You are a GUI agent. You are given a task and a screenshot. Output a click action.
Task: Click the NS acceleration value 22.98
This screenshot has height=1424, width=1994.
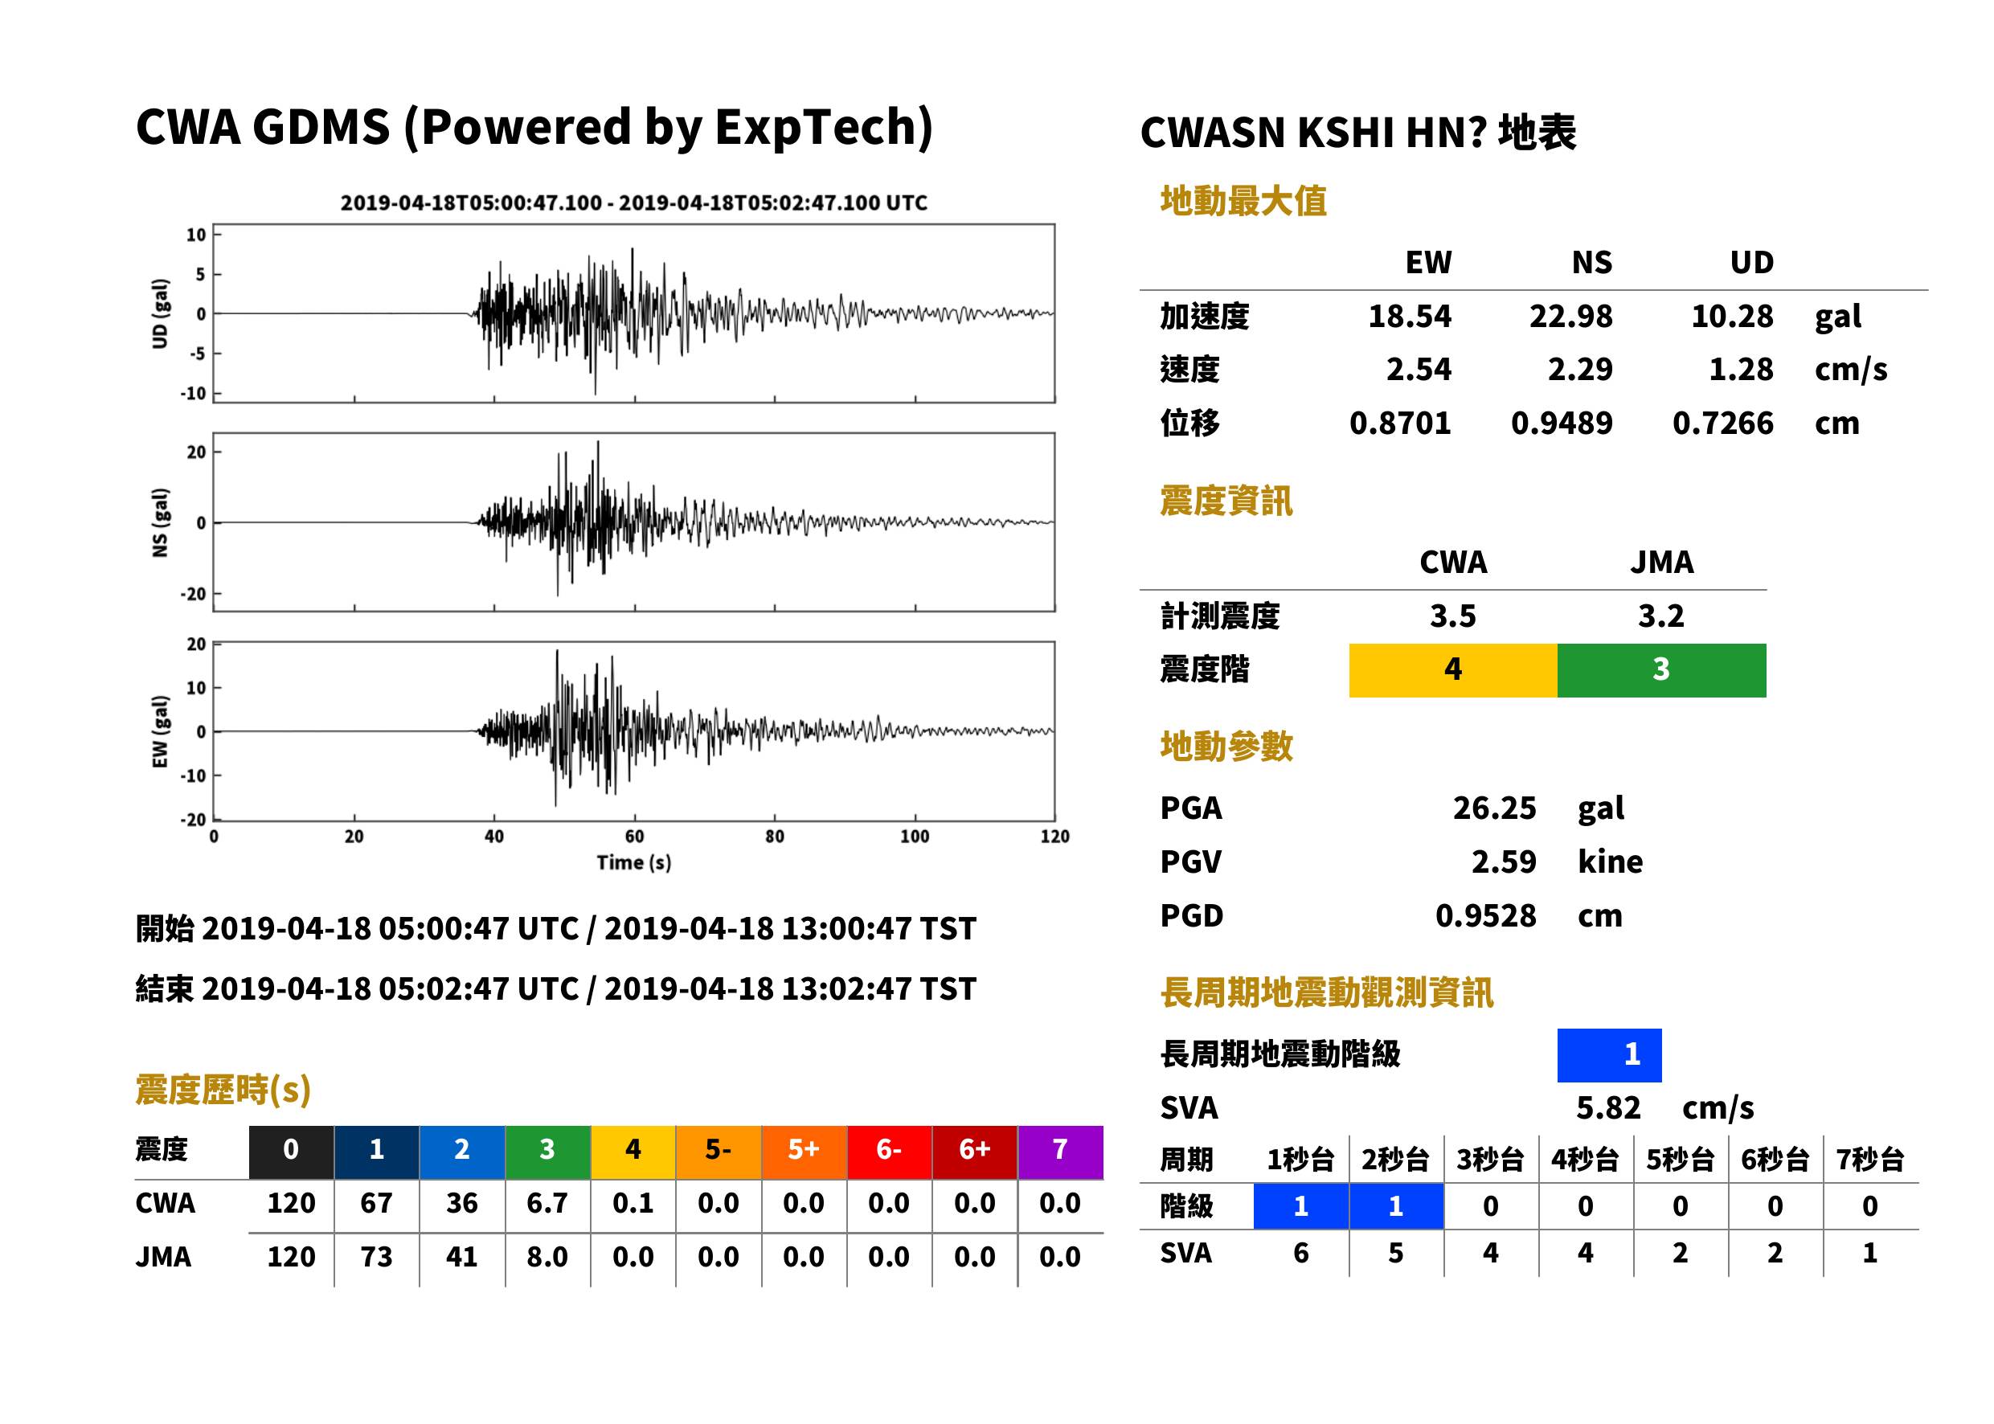point(1570,317)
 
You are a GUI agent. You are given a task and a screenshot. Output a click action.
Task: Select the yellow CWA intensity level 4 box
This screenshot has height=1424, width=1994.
point(1453,670)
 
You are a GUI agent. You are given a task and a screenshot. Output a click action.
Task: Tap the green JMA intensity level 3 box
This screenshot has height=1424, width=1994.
point(1662,670)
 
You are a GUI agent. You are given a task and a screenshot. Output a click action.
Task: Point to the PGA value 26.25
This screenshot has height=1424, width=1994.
point(1494,808)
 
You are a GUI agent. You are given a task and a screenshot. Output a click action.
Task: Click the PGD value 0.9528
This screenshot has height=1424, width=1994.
point(1485,915)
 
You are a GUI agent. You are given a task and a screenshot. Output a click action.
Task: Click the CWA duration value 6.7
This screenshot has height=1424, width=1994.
point(547,1203)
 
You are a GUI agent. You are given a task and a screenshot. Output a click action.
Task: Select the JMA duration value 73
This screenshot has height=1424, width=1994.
point(376,1257)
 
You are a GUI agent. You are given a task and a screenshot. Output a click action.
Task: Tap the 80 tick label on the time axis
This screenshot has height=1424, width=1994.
point(774,837)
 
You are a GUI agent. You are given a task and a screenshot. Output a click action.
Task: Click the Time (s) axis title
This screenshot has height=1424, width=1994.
point(634,863)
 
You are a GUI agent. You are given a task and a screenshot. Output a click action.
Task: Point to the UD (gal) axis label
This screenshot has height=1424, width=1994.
point(160,314)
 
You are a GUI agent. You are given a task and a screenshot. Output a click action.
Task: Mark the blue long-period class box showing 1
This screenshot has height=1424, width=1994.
point(1609,1055)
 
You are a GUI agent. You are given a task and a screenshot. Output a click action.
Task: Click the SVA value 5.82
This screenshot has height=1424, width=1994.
point(1608,1108)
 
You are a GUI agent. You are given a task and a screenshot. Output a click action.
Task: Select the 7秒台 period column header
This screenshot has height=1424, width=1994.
point(1869,1160)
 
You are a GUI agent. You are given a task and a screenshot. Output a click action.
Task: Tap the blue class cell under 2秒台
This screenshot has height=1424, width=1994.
point(1396,1206)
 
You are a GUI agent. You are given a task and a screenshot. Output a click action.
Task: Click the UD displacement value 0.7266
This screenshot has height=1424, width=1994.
point(1723,424)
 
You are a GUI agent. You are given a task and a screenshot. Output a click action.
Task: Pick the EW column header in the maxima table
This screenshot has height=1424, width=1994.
point(1428,263)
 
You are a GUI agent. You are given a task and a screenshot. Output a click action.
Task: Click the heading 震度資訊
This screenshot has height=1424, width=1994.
point(1226,501)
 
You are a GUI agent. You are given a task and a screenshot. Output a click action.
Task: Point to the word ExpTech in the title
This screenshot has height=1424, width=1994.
point(825,127)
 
